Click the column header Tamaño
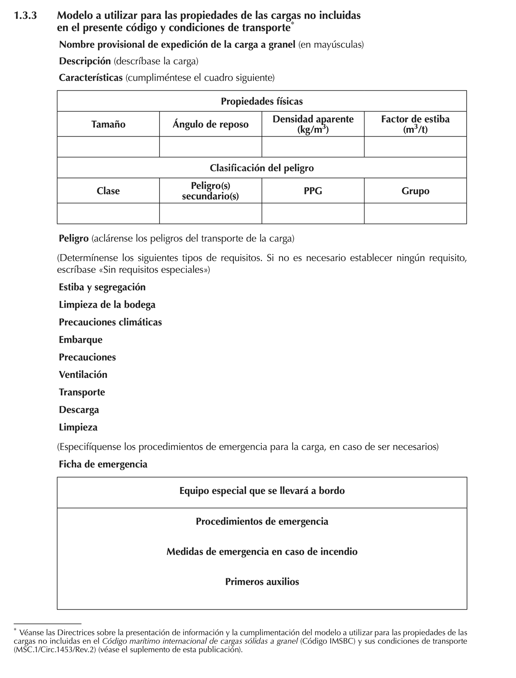(108, 124)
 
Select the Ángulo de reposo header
(210, 124)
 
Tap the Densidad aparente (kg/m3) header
(313, 124)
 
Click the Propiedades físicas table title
(262, 101)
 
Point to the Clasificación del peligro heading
(262, 168)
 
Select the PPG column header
(313, 191)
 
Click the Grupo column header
(415, 191)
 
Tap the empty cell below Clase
(108, 213)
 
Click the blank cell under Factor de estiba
(415, 147)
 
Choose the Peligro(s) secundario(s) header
(210, 191)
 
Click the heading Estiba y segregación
(102, 287)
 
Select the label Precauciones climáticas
(110, 322)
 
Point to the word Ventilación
(83, 374)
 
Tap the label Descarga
(79, 410)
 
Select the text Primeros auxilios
(262, 582)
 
